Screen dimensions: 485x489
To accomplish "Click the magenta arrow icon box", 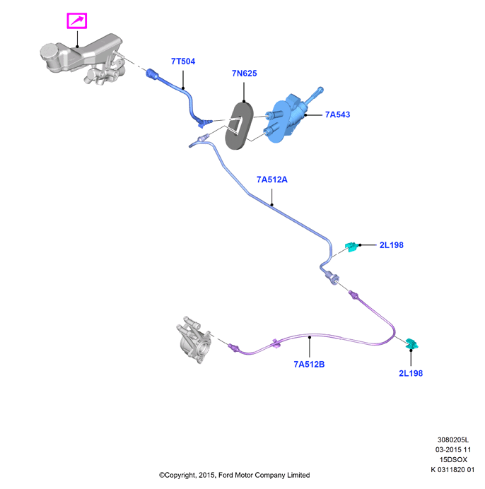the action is tap(77, 21).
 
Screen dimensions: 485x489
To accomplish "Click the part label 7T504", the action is tap(183, 61).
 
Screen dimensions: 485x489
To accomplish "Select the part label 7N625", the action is tap(245, 73).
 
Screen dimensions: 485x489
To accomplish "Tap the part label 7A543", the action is tap(338, 114).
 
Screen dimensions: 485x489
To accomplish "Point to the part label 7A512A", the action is tap(271, 179).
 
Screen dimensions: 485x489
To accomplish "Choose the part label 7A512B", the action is tap(309, 364).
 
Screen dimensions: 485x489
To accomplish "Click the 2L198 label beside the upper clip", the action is tap(392, 245).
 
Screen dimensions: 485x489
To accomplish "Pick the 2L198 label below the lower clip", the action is tap(411, 373).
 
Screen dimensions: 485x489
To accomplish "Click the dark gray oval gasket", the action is tap(239, 125).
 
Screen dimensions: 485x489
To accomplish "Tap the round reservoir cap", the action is tap(49, 52).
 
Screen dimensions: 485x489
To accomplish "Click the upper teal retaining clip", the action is tap(352, 247).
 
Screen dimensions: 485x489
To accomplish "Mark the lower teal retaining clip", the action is tap(411, 343).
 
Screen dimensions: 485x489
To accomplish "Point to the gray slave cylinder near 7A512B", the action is tap(194, 340).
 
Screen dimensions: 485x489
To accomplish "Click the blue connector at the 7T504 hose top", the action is tap(152, 74).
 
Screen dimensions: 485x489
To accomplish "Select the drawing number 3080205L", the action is tap(453, 440).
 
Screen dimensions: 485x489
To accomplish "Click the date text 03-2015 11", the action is tap(453, 449).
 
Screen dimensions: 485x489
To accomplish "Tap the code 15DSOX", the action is tap(453, 460).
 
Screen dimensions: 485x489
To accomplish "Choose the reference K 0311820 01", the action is tap(452, 470).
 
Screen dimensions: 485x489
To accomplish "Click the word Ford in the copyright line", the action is tap(226, 476).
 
